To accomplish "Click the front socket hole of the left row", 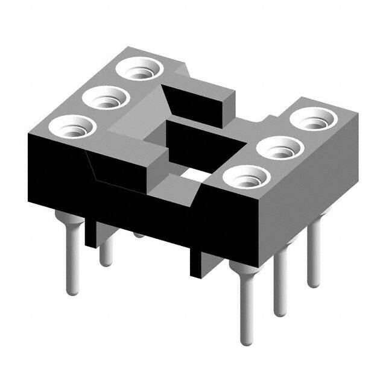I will pos(71,127).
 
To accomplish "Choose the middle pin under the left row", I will pos(106,250).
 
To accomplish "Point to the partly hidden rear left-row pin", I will pos(139,233).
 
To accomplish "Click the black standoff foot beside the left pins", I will pos(91,232).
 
